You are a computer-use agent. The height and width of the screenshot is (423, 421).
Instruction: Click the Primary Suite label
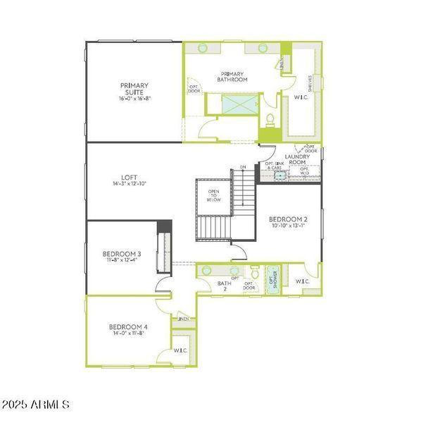point(135,89)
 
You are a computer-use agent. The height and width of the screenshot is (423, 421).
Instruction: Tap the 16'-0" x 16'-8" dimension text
point(135,99)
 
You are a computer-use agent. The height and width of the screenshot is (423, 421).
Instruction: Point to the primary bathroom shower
point(239,106)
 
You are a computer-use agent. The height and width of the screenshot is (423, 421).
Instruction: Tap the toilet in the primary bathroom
point(270,118)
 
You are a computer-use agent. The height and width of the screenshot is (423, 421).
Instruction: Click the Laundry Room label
point(298,160)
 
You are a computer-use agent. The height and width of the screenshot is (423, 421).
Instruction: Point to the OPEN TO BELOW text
point(213,195)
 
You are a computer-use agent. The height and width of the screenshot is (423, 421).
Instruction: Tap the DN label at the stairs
point(242,167)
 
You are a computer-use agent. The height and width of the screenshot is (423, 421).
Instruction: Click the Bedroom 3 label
point(122,254)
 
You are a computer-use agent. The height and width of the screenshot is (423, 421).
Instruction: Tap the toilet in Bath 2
point(255,274)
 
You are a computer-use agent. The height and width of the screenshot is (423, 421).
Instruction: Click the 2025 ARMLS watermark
point(36,405)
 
